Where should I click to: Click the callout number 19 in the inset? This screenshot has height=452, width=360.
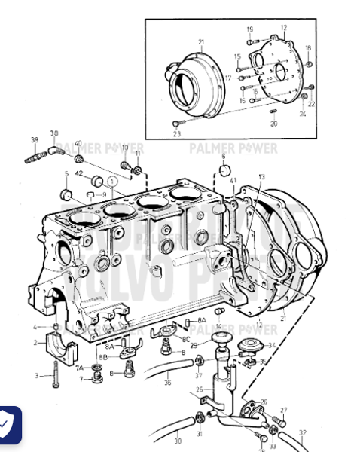point(249,29)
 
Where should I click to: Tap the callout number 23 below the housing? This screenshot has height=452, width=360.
point(177,134)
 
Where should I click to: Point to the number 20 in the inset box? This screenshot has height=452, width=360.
point(273,123)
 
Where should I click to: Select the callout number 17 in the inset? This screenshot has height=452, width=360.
point(227,77)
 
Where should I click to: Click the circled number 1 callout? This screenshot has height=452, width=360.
point(111,182)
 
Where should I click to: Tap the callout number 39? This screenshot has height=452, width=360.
point(34,140)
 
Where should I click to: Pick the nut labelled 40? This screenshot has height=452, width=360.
point(78,160)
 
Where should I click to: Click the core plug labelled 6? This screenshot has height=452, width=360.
point(223,170)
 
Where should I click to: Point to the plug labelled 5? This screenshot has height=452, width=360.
point(66,196)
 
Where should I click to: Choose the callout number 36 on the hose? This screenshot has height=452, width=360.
point(167,383)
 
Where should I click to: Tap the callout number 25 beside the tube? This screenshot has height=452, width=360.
point(199,389)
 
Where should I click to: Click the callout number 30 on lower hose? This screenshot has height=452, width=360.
point(178,441)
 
